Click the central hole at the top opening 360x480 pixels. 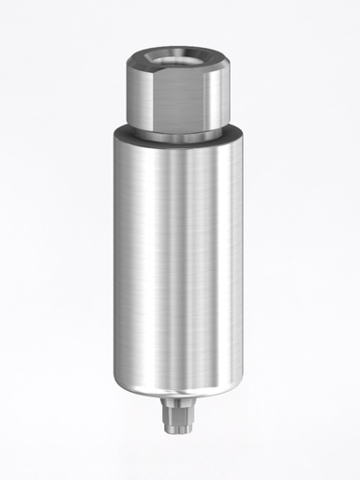tap(179, 57)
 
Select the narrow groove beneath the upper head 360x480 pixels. tap(179, 137)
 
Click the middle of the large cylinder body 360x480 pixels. tap(178, 262)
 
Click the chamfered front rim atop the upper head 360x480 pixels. tap(179, 70)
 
